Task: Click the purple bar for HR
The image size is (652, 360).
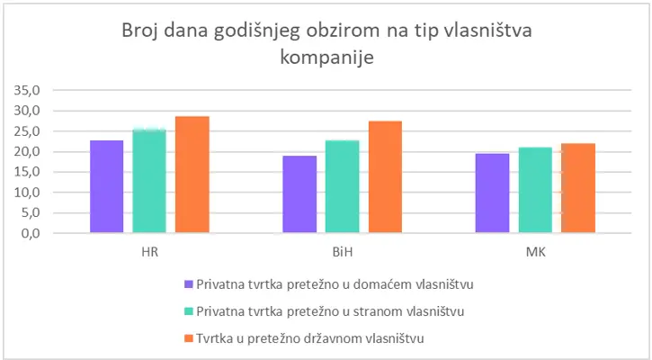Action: pos(107,186)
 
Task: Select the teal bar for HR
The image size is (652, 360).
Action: pos(149,181)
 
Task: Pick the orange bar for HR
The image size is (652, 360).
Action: pos(192,175)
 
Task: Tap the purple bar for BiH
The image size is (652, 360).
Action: pos(299,194)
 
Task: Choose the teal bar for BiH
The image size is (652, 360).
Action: pos(343,186)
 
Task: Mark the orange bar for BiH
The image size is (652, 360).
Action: pos(385,177)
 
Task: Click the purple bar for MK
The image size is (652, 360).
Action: pos(492,193)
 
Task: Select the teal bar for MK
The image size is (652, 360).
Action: pos(535,190)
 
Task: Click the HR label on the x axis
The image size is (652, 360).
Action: pos(149,251)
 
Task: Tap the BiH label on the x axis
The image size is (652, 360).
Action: pos(343,251)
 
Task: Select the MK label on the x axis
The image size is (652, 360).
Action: pos(535,251)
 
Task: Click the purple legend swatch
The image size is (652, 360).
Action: pos(188,283)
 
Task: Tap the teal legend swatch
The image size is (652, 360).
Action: pos(188,310)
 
